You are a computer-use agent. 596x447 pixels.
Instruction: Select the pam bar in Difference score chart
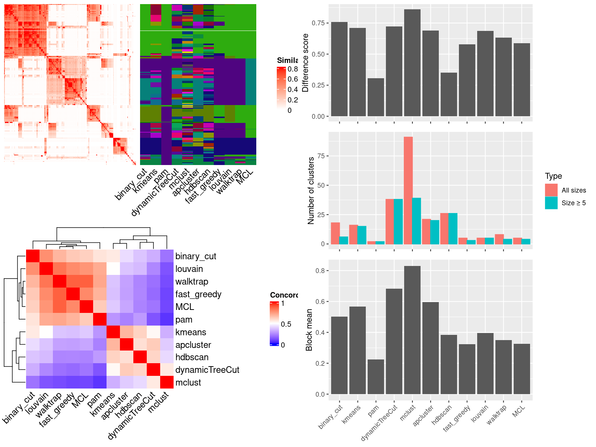pos(375,97)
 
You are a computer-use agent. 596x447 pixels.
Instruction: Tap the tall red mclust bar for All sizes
pos(408,190)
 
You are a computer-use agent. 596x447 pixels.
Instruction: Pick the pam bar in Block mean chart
pos(375,377)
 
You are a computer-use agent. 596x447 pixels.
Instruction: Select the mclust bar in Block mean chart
pos(412,330)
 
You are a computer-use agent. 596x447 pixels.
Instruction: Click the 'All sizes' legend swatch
pos(551,190)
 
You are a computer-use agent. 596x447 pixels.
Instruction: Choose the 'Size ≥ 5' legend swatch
pos(551,203)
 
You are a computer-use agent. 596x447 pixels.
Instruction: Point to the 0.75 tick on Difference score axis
pos(318,23)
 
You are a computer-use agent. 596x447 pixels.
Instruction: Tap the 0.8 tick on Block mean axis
pos(320,271)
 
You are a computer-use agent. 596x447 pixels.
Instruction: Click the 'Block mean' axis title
pos(309,330)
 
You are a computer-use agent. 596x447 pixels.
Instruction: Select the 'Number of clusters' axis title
pos(311,190)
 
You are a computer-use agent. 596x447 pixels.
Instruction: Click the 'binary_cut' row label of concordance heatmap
pos(196,256)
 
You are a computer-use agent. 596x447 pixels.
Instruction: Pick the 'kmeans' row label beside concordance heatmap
pos(191,332)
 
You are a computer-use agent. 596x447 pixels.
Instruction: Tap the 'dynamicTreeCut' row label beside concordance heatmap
pos(207,370)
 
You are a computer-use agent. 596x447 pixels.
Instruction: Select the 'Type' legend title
pos(553,176)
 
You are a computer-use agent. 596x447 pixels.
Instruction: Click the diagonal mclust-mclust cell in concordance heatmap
pos(167,383)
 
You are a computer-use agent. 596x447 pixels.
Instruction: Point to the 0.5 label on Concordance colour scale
pos(286,324)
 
